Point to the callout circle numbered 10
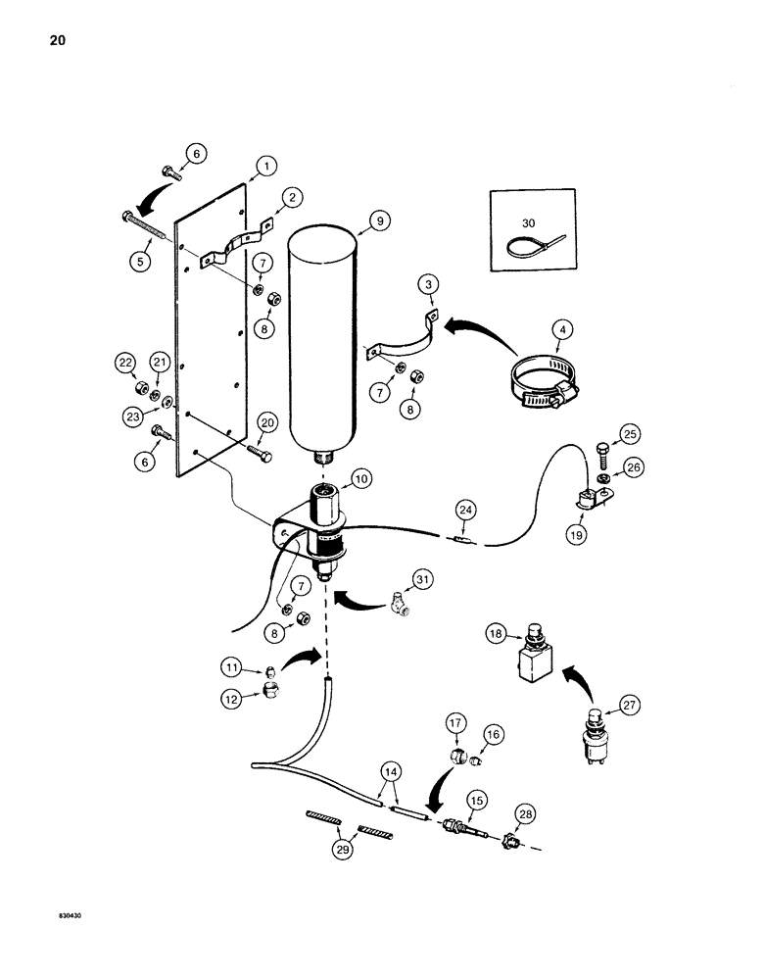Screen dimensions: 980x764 361,478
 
